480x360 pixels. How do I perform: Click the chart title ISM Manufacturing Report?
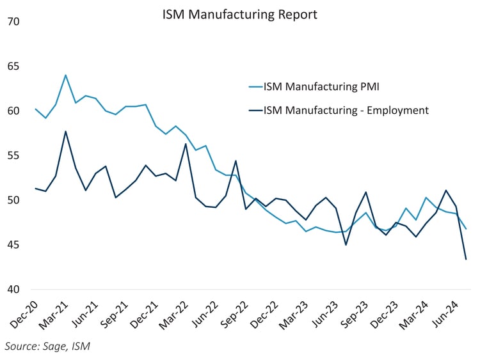[239, 14]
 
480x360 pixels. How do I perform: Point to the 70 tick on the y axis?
[13, 22]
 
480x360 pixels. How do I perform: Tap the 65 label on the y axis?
[13, 67]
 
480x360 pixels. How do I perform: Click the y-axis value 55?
[13, 156]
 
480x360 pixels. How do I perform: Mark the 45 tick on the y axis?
[13, 245]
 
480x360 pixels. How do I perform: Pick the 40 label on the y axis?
[13, 290]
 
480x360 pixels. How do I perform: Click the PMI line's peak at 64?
[65, 75]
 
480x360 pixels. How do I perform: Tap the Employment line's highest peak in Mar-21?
[65, 132]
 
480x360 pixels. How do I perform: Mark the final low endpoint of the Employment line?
[465, 259]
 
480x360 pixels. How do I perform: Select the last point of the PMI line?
[465, 228]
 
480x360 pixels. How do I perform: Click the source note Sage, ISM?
[47, 347]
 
